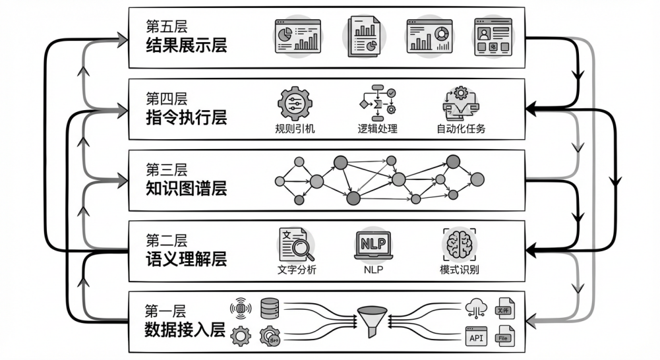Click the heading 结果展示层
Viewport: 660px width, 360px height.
(x=186, y=46)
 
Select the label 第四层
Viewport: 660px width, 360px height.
(x=166, y=99)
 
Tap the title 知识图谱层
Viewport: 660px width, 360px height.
(x=186, y=189)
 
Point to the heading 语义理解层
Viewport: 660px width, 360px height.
(x=186, y=259)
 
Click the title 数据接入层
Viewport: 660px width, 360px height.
(x=186, y=330)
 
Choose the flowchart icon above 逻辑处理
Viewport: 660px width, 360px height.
(x=376, y=102)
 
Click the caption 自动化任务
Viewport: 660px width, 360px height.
(x=461, y=129)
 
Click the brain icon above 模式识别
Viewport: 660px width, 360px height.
(x=459, y=245)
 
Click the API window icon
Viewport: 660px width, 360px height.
(x=476, y=337)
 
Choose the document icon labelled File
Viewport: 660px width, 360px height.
(x=505, y=336)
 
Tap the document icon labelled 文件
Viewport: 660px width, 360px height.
(x=505, y=309)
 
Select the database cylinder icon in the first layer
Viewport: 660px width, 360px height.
(x=270, y=308)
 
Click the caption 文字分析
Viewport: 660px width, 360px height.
(x=293, y=270)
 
